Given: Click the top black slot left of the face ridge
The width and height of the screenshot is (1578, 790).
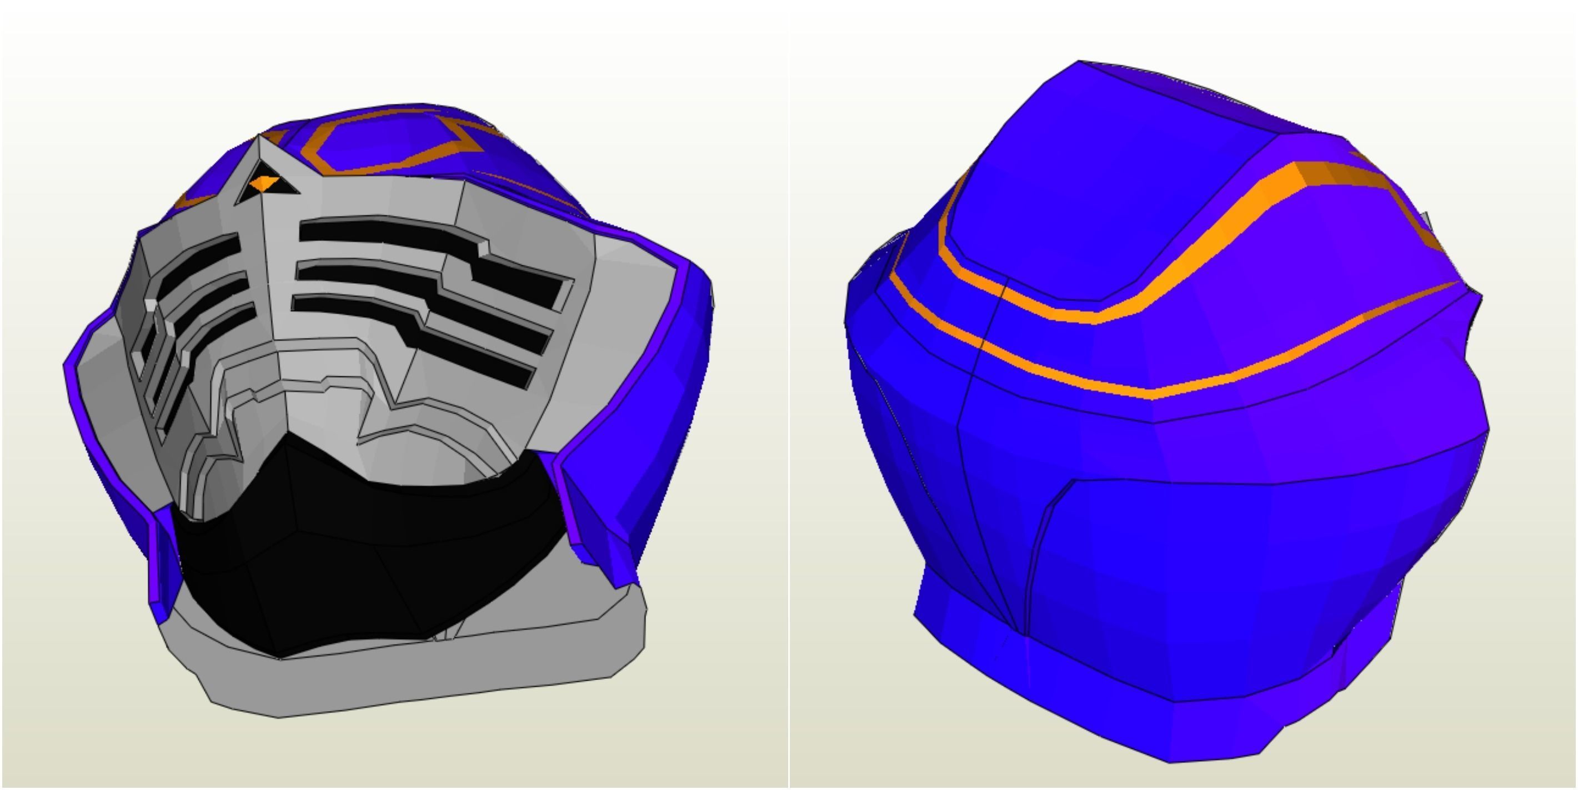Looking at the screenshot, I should coord(202,258).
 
